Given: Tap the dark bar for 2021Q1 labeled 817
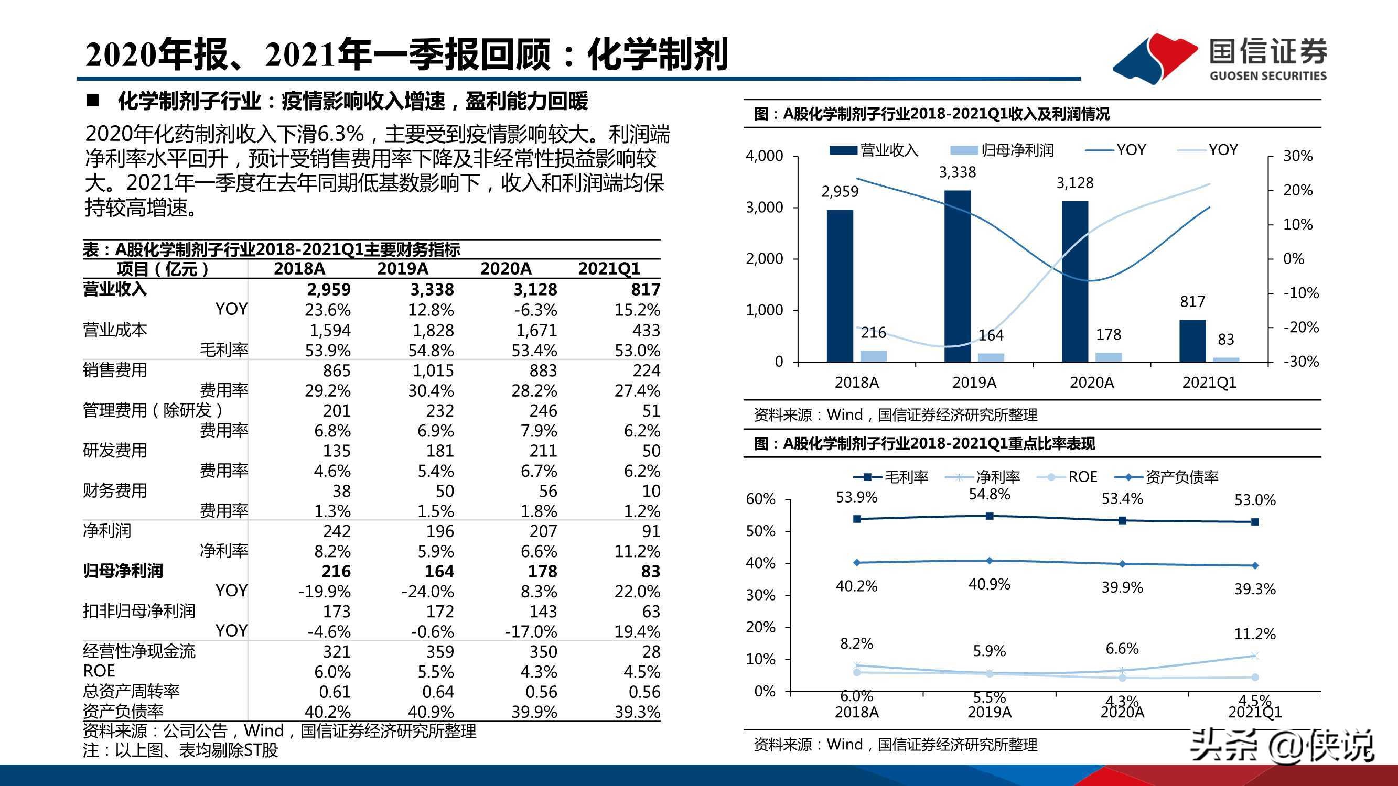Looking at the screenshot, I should [x=1192, y=341].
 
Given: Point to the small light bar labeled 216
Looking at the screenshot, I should [x=873, y=356].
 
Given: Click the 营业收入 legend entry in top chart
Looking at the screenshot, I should [x=874, y=150].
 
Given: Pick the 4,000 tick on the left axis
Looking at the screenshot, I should [x=764, y=156].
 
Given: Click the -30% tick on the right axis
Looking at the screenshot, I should [x=1300, y=361].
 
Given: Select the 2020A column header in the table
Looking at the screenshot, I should [x=506, y=268].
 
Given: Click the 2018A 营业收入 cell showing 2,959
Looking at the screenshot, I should [x=328, y=289].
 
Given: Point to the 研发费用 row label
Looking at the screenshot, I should [x=115, y=450].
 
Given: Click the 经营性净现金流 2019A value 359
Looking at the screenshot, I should [x=439, y=651].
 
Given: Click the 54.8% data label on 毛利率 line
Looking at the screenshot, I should [x=990, y=494].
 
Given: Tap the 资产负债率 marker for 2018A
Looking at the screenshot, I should [x=857, y=562].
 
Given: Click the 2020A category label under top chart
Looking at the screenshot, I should [x=1091, y=383].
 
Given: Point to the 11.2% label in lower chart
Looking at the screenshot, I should [x=1255, y=634].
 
